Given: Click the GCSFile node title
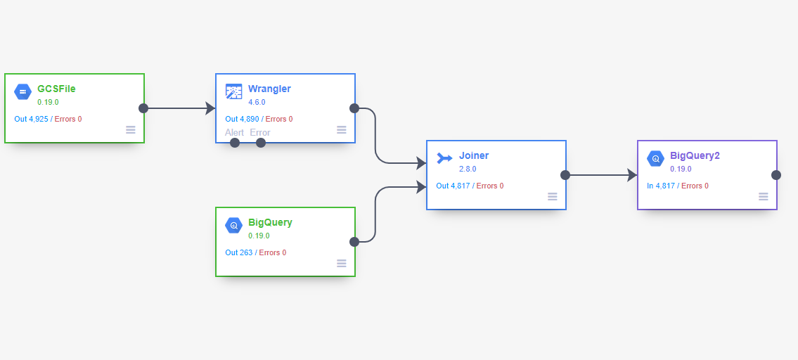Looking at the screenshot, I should (56, 89).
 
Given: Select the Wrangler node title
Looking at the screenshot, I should (269, 89).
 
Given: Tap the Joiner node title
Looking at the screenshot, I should (474, 155).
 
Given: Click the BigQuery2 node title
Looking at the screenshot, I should (695, 155).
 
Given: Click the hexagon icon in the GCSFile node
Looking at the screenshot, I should (23, 91).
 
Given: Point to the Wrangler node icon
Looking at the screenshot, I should (233, 91).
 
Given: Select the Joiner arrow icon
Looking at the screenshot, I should (444, 158).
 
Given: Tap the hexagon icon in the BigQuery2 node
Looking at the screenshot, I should (655, 158).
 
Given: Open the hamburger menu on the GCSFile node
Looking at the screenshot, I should (131, 129).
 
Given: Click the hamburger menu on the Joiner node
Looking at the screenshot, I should (553, 196).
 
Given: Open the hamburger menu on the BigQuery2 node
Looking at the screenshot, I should (764, 196).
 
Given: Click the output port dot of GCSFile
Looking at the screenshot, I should (143, 108).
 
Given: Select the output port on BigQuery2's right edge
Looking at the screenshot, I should (776, 175).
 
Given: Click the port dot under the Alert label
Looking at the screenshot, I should (235, 143).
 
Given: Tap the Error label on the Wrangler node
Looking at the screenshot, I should (260, 132).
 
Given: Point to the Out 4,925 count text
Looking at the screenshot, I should (31, 119).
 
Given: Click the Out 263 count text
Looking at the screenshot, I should (239, 252).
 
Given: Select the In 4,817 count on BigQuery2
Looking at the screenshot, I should (661, 186).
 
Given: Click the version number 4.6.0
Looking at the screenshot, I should (257, 102).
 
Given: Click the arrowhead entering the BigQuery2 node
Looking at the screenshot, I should (631, 175).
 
